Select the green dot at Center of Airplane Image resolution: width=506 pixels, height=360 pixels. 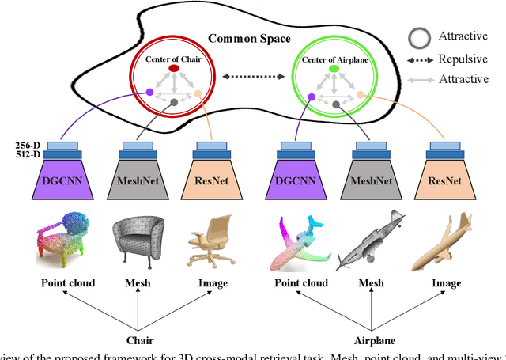click(x=334, y=69)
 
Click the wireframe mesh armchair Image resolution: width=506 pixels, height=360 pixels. click(x=139, y=241)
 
